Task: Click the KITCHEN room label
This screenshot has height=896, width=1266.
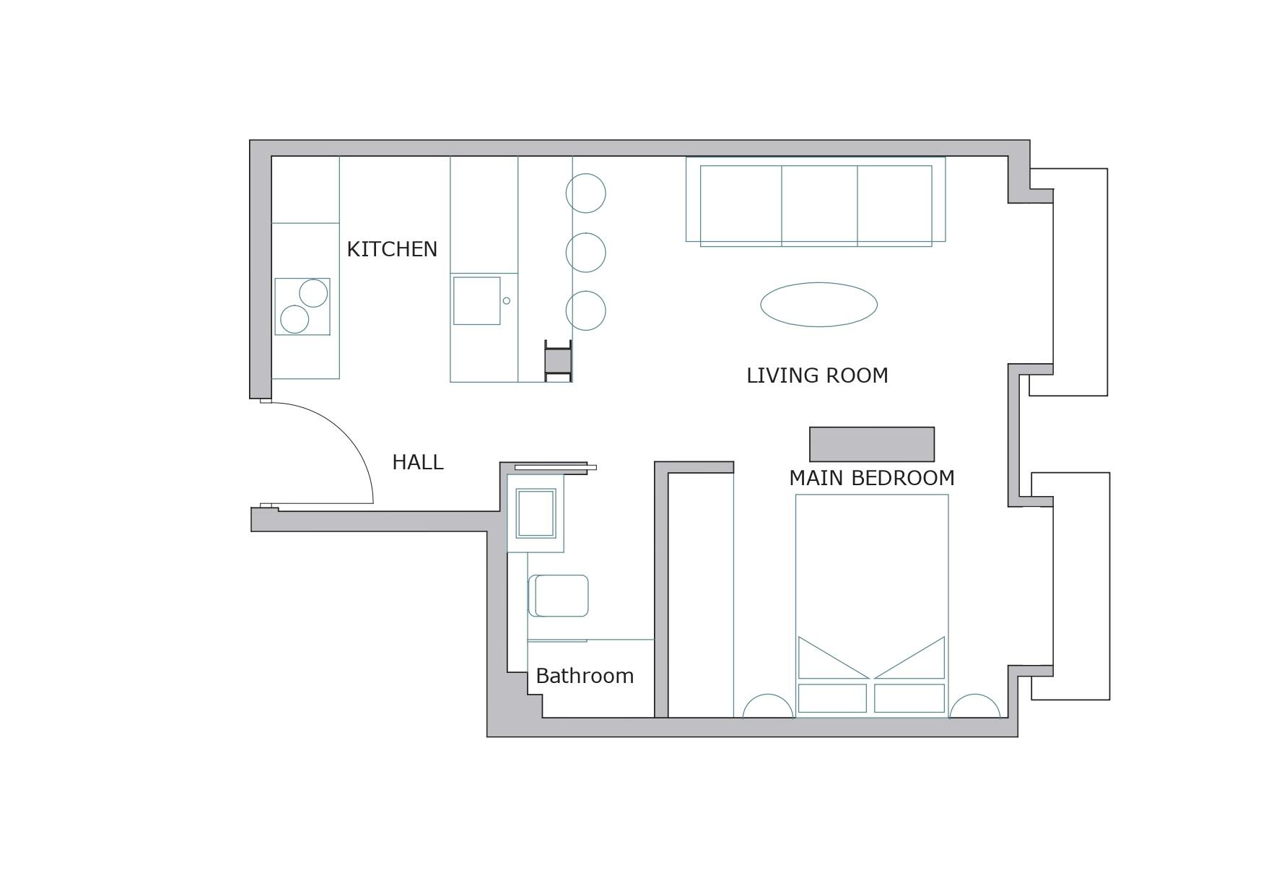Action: (x=392, y=249)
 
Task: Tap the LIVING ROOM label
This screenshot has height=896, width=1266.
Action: (x=817, y=375)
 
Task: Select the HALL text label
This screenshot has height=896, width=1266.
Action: (x=418, y=462)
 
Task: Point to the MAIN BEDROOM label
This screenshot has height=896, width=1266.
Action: (x=872, y=478)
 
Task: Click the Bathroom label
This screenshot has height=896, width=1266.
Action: (x=585, y=676)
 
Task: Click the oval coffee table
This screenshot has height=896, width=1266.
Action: (x=818, y=305)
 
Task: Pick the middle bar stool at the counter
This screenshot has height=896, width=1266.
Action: (x=585, y=253)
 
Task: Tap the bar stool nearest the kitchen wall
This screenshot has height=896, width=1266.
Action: (x=585, y=193)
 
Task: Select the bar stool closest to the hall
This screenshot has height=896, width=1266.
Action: (x=585, y=310)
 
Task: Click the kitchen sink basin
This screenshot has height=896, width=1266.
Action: (x=476, y=300)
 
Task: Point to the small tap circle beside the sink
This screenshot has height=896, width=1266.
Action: (x=506, y=300)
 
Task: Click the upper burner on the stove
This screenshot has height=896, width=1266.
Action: (x=313, y=293)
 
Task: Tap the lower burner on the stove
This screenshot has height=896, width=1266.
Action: (x=294, y=319)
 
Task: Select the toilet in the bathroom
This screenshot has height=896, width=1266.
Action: (x=559, y=596)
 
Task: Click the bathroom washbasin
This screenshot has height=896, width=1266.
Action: (x=536, y=513)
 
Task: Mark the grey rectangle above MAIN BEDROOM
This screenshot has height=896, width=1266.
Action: (x=872, y=444)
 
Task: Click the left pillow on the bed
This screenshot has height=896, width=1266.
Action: (x=832, y=698)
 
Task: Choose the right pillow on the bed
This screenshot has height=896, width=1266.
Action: (x=909, y=698)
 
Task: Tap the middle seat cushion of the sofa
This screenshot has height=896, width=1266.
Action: (x=819, y=206)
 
